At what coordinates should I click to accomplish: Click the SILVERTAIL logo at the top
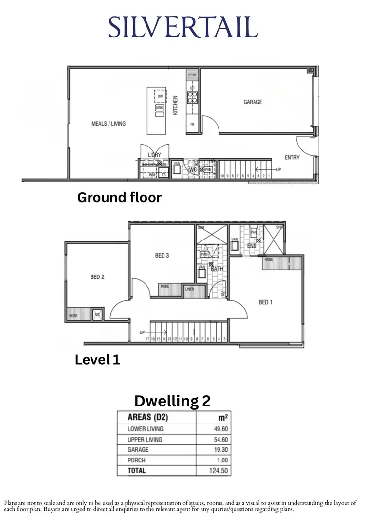[x=182, y=27]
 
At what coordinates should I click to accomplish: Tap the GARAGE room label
[x=253, y=102]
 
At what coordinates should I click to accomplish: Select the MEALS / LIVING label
[x=108, y=124]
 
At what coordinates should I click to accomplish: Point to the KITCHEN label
[x=176, y=105]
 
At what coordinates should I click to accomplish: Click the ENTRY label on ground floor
[x=292, y=157]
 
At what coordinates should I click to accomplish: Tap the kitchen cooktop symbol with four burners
[x=193, y=95]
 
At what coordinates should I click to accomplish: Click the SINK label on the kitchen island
[x=159, y=107]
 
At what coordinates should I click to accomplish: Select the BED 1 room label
[x=265, y=302]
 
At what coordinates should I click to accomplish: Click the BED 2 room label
[x=97, y=277]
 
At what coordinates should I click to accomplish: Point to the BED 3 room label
[x=162, y=255]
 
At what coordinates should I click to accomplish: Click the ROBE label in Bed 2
[x=73, y=316]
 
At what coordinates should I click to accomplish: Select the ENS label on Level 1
[x=252, y=246]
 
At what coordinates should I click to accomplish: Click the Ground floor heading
[x=119, y=198]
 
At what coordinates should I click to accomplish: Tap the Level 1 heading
[x=97, y=360]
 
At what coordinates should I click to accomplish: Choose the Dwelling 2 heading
[x=172, y=401]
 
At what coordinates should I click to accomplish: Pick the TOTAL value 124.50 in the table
[x=220, y=471]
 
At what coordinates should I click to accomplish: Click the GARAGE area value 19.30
[x=220, y=450]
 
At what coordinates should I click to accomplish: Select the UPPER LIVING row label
[x=145, y=440]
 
